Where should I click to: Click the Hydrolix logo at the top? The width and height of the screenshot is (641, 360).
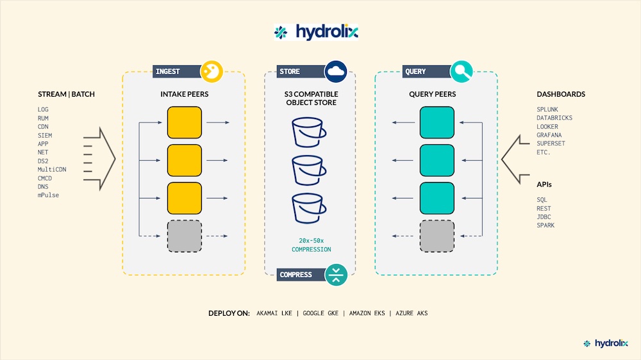(316, 32)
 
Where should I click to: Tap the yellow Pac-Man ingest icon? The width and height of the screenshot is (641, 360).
(212, 72)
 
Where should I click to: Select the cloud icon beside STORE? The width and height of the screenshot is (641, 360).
(336, 72)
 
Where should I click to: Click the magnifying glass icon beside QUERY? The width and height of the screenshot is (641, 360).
(461, 72)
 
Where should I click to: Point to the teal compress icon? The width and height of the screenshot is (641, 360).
(336, 275)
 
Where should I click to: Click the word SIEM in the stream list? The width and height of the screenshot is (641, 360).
(45, 135)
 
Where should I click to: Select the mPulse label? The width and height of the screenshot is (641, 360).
(48, 195)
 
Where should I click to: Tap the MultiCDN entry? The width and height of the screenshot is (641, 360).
(52, 169)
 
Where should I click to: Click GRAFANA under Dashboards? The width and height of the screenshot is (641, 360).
(549, 135)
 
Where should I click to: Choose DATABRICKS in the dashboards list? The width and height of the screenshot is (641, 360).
(554, 118)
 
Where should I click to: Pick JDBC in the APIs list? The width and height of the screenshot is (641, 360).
(544, 217)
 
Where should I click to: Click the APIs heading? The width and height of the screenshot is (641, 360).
(544, 184)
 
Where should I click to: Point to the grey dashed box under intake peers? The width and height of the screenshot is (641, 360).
(185, 236)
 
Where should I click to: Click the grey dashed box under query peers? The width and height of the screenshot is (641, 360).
(437, 236)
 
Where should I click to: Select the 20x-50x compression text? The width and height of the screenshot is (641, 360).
(311, 245)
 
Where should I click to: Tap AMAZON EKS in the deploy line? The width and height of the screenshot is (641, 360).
(367, 313)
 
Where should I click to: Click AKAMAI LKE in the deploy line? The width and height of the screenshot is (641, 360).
(274, 313)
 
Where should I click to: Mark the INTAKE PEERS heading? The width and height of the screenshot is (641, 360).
(185, 94)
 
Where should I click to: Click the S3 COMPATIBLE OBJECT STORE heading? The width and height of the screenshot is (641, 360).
(311, 98)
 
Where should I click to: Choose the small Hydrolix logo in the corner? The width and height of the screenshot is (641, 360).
(606, 343)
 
